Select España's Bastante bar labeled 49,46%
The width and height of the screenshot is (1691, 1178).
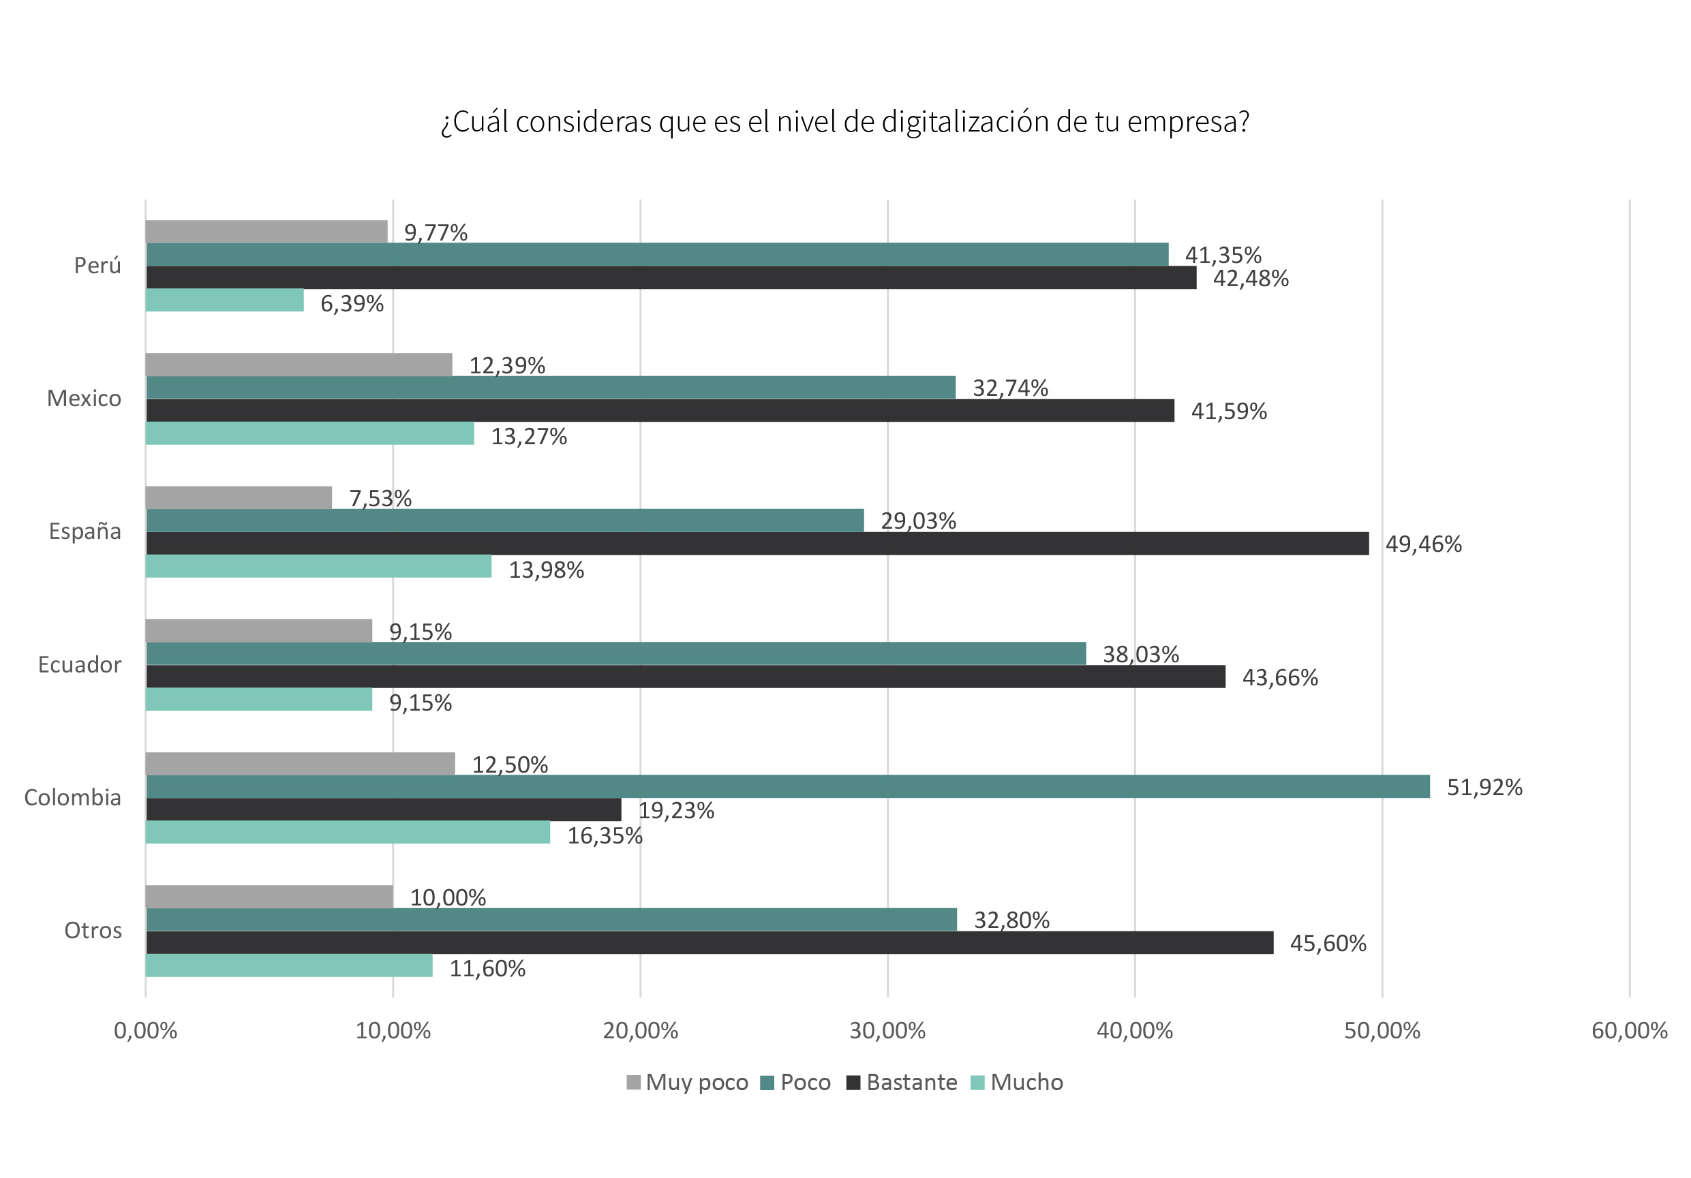(x=757, y=544)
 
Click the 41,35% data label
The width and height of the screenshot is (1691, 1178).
(x=1223, y=255)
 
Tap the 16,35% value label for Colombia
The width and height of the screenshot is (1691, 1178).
(x=604, y=836)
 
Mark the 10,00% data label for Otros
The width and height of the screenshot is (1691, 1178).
(x=447, y=897)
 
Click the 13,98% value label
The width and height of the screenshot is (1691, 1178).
(x=546, y=570)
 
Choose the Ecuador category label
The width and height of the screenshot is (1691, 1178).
(x=80, y=665)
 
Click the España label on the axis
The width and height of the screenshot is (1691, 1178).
(x=85, y=531)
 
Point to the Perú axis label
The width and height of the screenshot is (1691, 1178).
(x=97, y=266)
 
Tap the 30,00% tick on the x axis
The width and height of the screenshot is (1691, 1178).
(x=887, y=1031)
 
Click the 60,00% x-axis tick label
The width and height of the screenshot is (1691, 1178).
(x=1628, y=1031)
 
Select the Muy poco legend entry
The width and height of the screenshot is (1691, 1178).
(x=687, y=1083)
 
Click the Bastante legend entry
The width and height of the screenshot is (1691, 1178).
(x=902, y=1083)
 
